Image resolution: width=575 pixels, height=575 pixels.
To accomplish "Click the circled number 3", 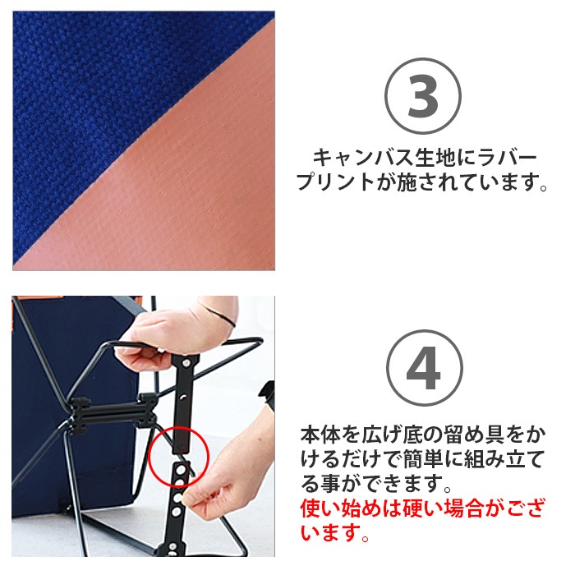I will pyautogui.click(x=424, y=97).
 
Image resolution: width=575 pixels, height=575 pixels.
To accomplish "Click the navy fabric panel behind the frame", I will pyautogui.click(x=41, y=427).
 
